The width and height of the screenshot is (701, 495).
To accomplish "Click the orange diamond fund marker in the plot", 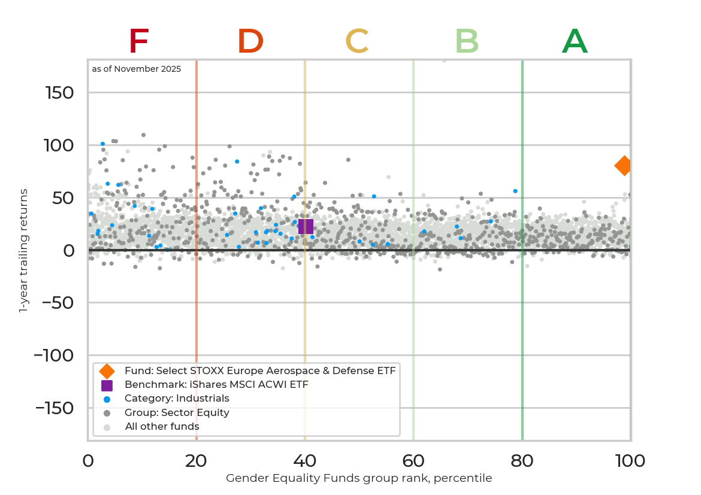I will coord(624,166).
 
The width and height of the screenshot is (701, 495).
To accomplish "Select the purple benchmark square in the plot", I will coord(306,226).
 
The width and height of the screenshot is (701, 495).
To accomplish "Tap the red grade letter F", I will coord(138,42).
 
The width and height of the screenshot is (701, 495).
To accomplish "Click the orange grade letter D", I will coord(250,42).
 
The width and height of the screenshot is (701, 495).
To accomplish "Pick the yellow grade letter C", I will coord(356,42).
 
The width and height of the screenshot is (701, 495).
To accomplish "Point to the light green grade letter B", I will coord(467,42).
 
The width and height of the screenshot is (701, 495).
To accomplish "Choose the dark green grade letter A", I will coord(575,42).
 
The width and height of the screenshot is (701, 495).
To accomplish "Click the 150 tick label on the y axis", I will coord(59,93).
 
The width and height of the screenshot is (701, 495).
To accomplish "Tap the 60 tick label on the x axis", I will coord(413,461).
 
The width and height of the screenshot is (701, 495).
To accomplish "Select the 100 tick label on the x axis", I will coord(630,461).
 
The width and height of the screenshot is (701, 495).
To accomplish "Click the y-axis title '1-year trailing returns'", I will coord(24,250).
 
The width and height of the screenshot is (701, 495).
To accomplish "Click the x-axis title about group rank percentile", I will coord(359,478).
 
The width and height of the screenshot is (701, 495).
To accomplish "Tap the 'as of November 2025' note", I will coord(137,69).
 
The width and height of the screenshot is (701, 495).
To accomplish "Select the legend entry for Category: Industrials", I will coord(177,399).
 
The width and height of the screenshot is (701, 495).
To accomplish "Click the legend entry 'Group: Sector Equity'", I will coord(177,413).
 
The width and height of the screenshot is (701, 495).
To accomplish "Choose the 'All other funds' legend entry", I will coord(162,427).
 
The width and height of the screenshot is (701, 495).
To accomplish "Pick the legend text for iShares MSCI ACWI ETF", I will coord(216,385).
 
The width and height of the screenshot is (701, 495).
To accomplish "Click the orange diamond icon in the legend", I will coord(107,371).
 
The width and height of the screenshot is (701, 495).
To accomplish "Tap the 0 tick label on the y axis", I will coord(68,250).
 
